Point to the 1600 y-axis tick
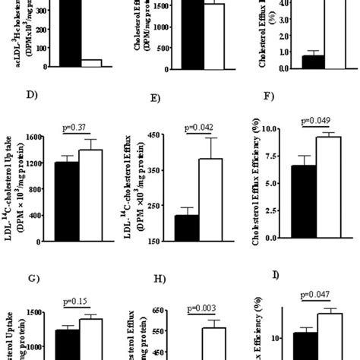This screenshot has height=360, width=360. pos(33,136)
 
